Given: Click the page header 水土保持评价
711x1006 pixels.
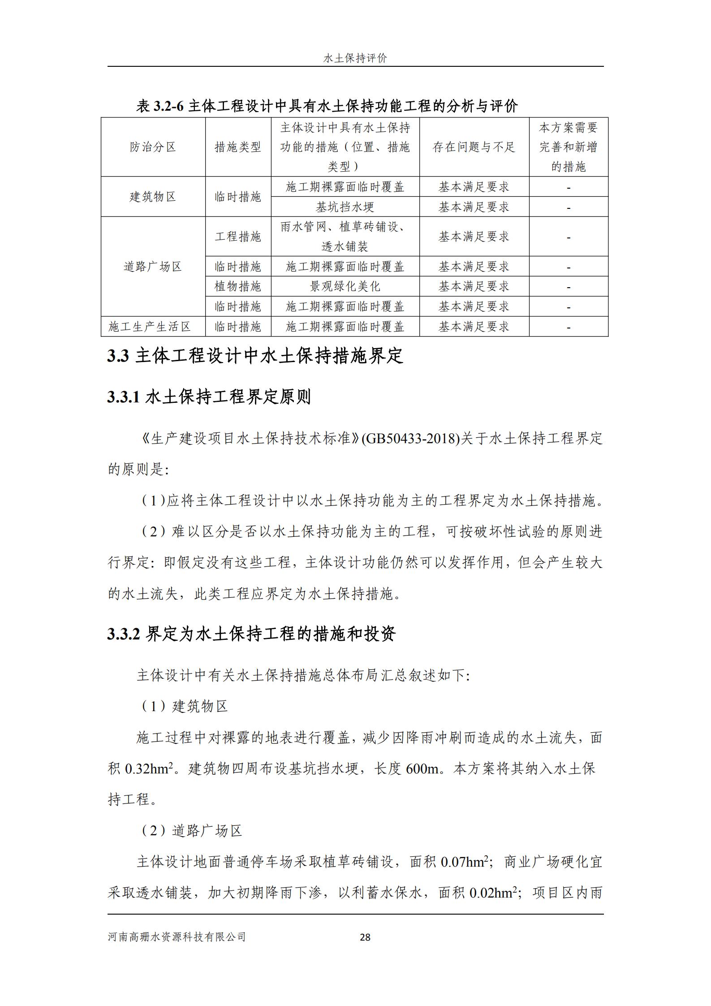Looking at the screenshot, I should coord(355,58).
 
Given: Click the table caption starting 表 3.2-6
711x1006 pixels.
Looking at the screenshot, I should coord(327,106).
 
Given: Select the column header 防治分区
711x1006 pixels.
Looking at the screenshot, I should coord(153,147).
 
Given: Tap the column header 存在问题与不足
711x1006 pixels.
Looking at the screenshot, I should coord(474,147).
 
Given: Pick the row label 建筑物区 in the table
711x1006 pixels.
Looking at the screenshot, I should coord(153,197).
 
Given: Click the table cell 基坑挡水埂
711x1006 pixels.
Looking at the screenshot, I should coord(345,207).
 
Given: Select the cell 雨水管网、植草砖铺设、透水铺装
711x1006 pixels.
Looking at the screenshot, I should coord(345,237).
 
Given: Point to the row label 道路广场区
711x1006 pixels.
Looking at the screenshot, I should coord(153,267).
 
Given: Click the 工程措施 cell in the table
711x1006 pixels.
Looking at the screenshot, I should coord(238,237).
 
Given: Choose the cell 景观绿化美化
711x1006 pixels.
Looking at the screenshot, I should coord(345,286).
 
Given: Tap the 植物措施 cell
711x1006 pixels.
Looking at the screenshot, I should coord(238,286).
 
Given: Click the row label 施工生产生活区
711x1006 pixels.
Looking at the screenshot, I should coord(150,327).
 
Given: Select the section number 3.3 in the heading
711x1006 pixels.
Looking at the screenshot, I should coord(118,356).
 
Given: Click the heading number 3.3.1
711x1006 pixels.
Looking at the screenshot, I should coord(124,397).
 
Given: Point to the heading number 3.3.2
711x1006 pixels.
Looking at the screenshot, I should coord(124,634).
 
